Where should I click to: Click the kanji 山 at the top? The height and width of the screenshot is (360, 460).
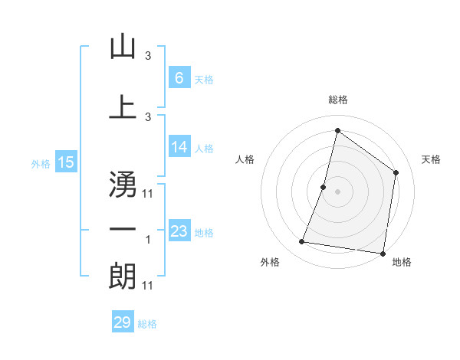coord(123,47)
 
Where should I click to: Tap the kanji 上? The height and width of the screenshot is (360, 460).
coord(123,107)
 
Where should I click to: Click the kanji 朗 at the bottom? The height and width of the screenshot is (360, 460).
coord(123,277)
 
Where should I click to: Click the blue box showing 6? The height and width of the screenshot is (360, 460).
coord(179,78)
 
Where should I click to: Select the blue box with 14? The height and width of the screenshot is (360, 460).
coord(179,147)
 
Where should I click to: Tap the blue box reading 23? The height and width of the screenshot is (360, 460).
coord(179,231)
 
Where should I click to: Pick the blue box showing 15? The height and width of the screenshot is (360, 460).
coord(65,162)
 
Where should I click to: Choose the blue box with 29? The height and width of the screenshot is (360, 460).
coord(123,322)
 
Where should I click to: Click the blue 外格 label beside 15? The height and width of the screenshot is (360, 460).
coord(41,163)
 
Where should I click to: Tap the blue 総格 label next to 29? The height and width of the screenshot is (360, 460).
coord(147,324)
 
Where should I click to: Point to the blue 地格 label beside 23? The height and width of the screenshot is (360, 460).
coord(204,232)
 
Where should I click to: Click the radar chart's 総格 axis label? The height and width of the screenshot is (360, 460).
coord(337,100)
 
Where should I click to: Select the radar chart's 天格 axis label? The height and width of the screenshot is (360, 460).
coord(432,159)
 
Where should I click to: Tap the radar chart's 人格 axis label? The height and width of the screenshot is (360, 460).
coord(245,159)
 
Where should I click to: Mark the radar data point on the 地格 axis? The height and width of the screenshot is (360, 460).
coord(383,253)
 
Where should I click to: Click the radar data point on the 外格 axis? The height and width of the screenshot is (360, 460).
coord(302,242)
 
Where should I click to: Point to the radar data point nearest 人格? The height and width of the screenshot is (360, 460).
coord(324,187)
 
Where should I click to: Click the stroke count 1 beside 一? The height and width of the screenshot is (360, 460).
coord(148,240)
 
